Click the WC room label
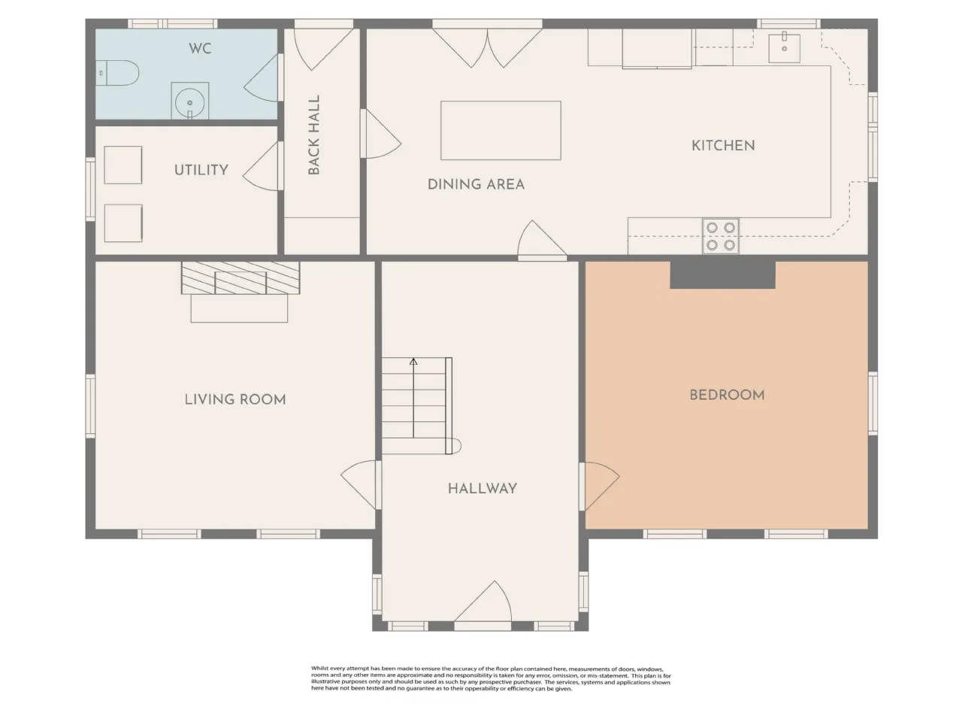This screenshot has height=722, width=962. pyautogui.click(x=200, y=48)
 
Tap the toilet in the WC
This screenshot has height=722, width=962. pyautogui.click(x=117, y=73)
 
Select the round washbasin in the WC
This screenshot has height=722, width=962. pyautogui.click(x=190, y=102)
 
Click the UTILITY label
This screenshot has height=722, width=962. pyautogui.click(x=201, y=170)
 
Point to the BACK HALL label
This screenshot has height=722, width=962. pyautogui.click(x=314, y=135)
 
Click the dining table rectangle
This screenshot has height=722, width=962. pyautogui.click(x=501, y=130)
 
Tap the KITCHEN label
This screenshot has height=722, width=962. pyautogui.click(x=723, y=146)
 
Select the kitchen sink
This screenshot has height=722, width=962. pyautogui.click(x=784, y=48)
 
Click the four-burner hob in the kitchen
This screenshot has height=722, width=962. pyautogui.click(x=721, y=236)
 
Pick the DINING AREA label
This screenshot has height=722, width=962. pyautogui.click(x=476, y=184)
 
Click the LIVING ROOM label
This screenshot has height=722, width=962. pyautogui.click(x=235, y=399)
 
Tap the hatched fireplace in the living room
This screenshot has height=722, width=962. pyautogui.click(x=240, y=278)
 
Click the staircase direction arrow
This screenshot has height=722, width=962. pyautogui.click(x=413, y=398)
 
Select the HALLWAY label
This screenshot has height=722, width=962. pyautogui.click(x=482, y=488)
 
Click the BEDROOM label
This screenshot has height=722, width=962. pyautogui.click(x=727, y=395)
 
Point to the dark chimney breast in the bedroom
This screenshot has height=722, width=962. pyautogui.click(x=723, y=275)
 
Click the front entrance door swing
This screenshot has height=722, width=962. pyautogui.click(x=483, y=602)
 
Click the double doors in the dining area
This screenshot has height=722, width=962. pyautogui.click(x=487, y=48)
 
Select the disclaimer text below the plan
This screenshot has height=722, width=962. pyautogui.click(x=491, y=679)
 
